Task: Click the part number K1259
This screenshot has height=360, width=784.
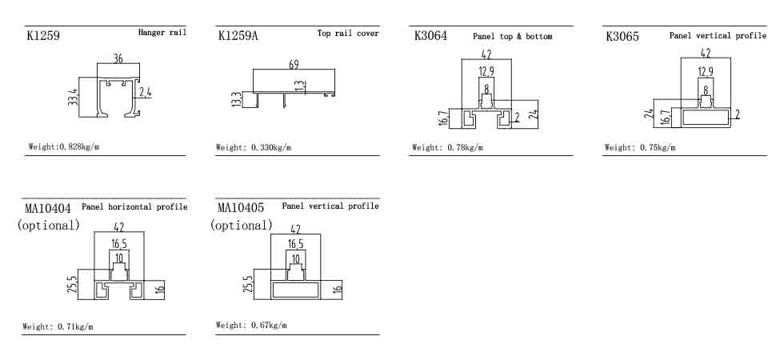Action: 43,36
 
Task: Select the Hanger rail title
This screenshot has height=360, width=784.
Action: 162,33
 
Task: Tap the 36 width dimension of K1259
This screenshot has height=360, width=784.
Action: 118,58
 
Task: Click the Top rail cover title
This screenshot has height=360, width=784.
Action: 348,34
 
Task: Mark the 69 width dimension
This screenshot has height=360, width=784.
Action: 294,63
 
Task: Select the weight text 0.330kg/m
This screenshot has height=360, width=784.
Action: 254,147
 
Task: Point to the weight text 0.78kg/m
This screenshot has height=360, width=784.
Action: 447,147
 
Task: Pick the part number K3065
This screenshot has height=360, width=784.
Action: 622,36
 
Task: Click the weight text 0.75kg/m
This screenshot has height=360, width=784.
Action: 640,147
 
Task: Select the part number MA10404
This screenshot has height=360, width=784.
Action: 48,209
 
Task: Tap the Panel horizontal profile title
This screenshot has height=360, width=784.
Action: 134,206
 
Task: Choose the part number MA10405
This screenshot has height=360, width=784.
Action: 241,208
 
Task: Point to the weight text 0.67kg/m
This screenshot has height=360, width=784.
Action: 251,325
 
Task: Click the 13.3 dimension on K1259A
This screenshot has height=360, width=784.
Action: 236,99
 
